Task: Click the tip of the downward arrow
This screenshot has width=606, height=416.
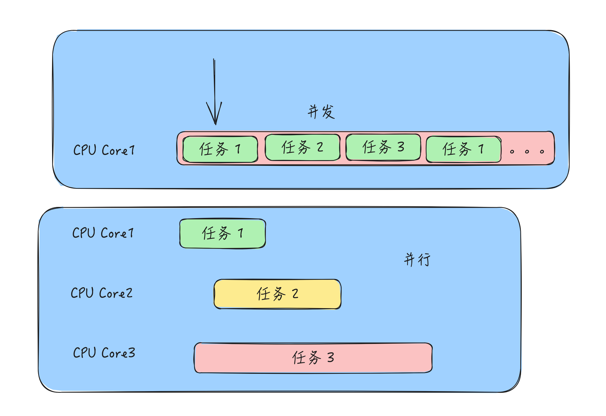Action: pos(216,124)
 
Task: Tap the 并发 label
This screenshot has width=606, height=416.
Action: pos(321,112)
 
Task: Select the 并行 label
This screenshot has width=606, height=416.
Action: pos(417,260)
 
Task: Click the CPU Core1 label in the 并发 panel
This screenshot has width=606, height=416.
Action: pos(104,150)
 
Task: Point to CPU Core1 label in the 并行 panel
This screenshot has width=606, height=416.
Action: pos(103,233)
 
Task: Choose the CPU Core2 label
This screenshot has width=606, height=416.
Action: pos(101,293)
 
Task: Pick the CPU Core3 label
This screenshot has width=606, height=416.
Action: pos(104,353)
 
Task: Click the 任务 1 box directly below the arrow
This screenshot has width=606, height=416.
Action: pos(220,149)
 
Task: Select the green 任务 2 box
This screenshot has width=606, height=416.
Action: pos(303,147)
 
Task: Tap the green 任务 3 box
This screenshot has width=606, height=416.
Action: pos(383,147)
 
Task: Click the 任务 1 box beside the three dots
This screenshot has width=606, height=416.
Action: pos(464,149)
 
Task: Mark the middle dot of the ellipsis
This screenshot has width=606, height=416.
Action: pos(527,152)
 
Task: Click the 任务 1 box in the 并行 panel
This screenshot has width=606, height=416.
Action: pos(223,234)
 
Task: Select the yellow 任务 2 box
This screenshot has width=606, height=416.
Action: pos(278,294)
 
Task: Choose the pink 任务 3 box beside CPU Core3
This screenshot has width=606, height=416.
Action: pos(313,358)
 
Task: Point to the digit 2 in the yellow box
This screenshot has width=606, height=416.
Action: pos(295,294)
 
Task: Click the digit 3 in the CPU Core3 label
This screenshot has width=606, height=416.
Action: pos(132,353)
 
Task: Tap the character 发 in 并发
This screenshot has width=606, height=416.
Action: pos(328,112)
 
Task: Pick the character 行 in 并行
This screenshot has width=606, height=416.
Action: pos(424,260)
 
